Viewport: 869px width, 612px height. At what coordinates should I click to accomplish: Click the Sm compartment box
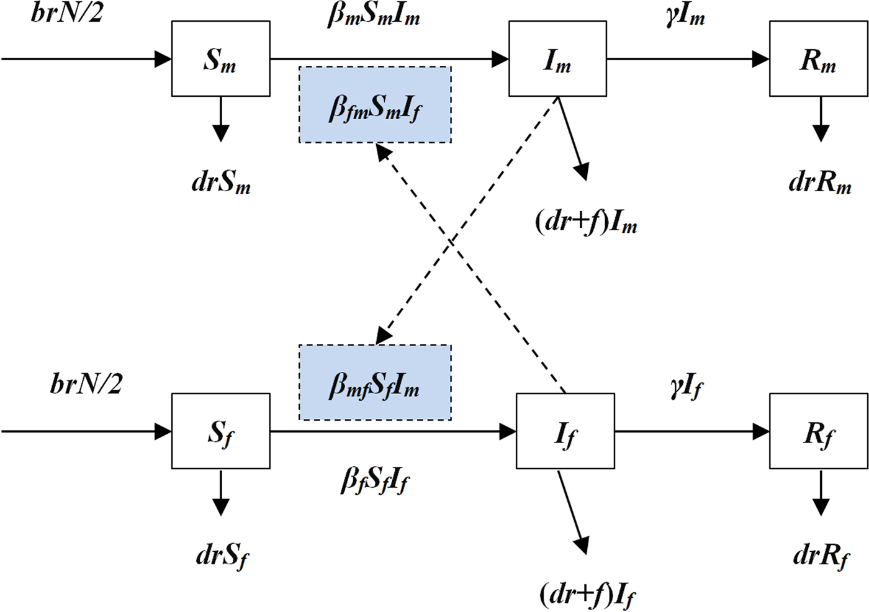click(220, 59)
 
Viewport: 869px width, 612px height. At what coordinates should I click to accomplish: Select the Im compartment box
click(557, 59)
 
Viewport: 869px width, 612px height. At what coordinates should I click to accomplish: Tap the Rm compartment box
click(818, 59)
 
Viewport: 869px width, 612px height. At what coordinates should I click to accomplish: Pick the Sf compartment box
click(220, 431)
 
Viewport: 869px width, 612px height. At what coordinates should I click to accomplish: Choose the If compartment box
click(565, 431)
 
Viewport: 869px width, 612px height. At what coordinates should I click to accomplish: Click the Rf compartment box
click(818, 431)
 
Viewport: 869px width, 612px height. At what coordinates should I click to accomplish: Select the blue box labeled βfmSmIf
click(375, 105)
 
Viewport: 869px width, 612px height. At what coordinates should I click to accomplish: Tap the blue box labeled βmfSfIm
click(375, 382)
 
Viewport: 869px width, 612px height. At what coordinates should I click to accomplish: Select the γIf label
click(687, 389)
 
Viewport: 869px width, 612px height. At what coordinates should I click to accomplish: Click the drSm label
click(221, 182)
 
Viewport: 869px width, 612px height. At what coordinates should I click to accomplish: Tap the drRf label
click(821, 555)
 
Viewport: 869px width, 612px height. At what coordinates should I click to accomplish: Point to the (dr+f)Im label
click(586, 222)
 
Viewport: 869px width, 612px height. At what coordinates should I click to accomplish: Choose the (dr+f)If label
click(587, 595)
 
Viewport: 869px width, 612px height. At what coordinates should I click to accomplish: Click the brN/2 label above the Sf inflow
click(86, 384)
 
